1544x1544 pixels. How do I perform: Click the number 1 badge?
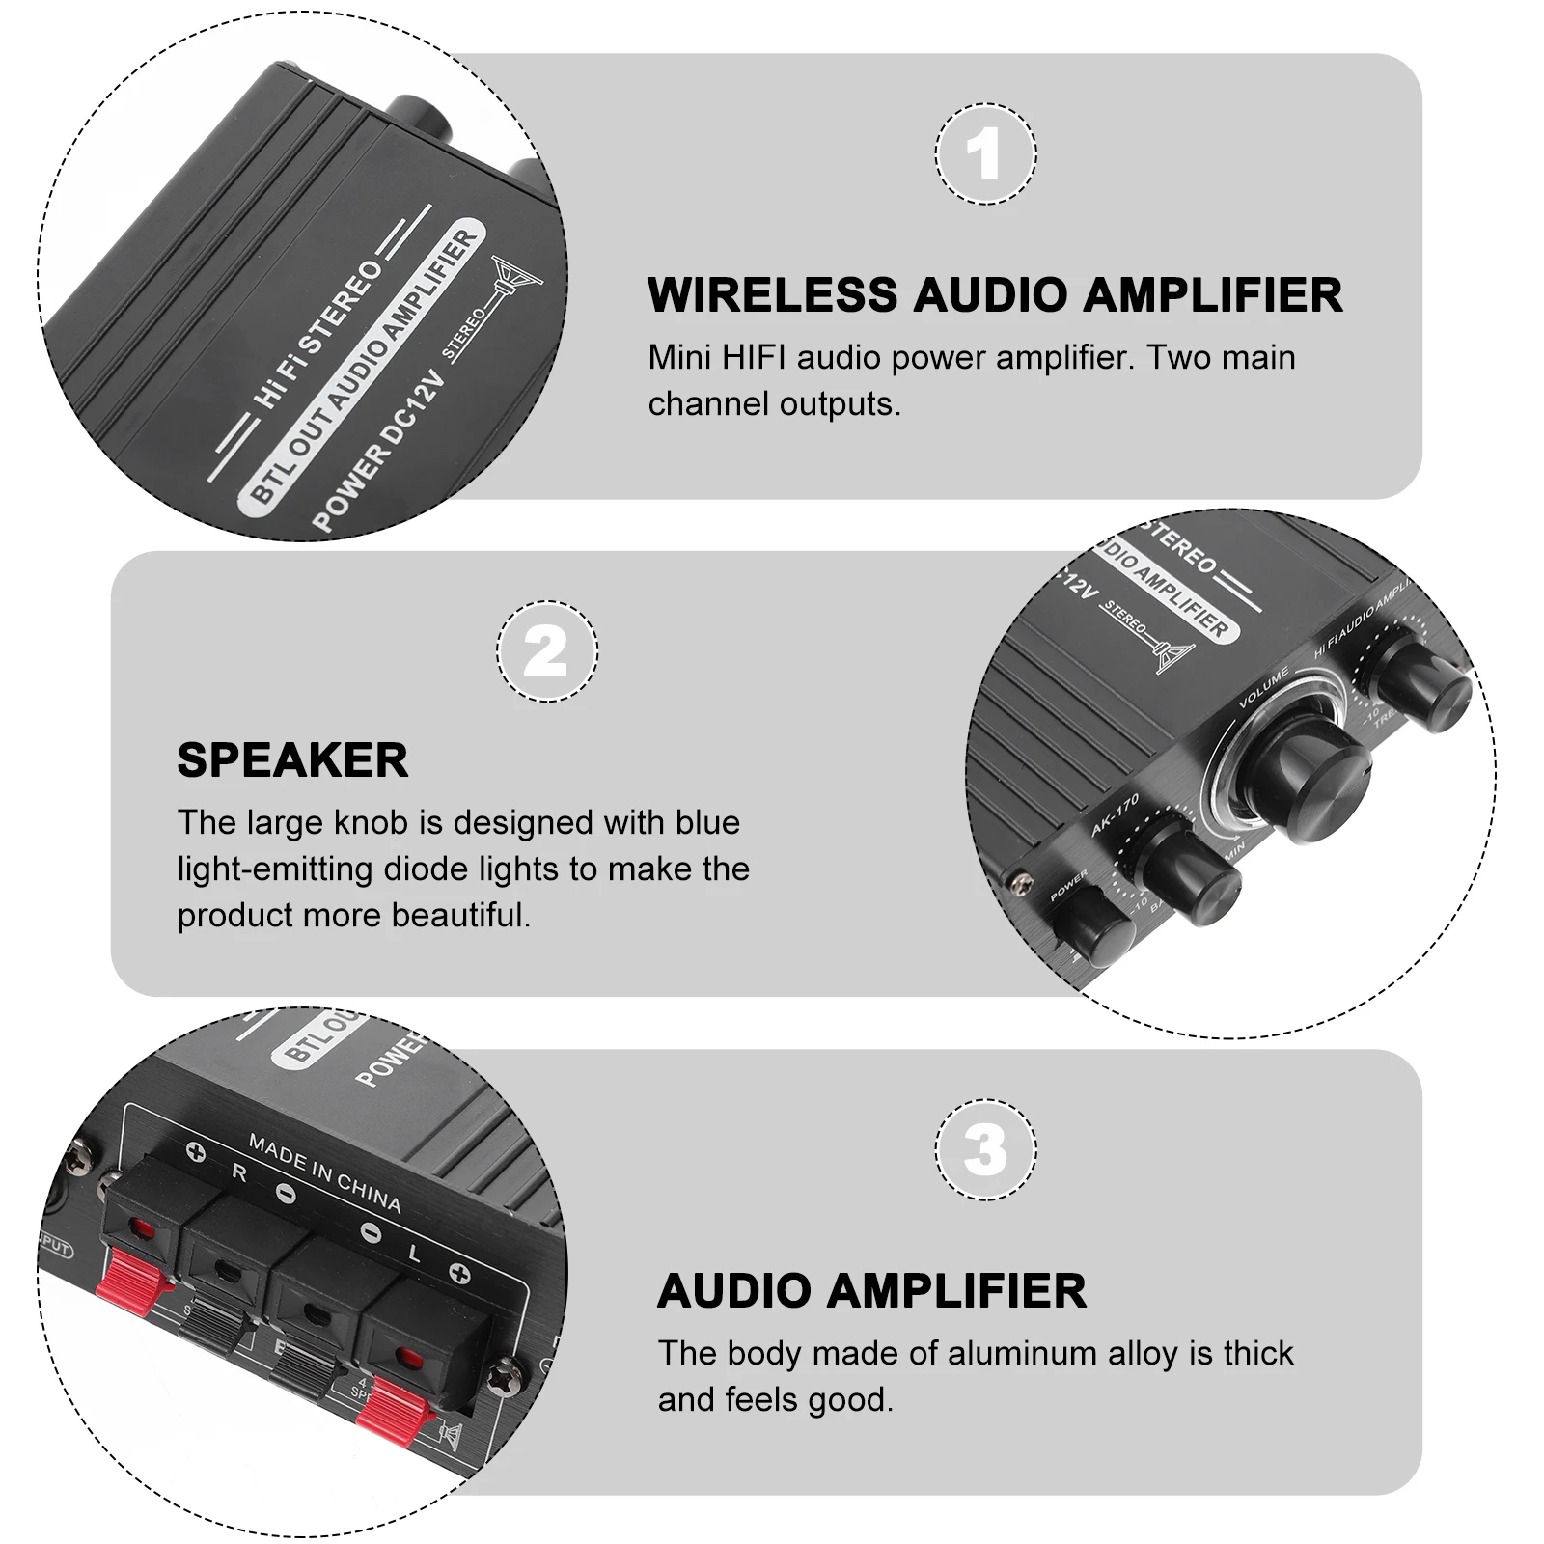click(985, 154)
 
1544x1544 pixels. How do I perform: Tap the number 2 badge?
click(546, 652)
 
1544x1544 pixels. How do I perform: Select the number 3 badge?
click(985, 1150)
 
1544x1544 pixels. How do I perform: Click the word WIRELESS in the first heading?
click(772, 295)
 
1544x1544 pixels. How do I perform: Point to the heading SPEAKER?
click(292, 760)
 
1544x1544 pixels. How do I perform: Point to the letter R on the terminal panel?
click(239, 1173)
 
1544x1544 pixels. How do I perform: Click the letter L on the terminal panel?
click(415, 1254)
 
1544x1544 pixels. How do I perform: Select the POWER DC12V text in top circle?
click(379, 453)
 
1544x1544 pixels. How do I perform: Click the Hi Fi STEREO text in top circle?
click(317, 334)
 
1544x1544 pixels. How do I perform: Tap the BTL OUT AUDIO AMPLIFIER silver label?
click(363, 367)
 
